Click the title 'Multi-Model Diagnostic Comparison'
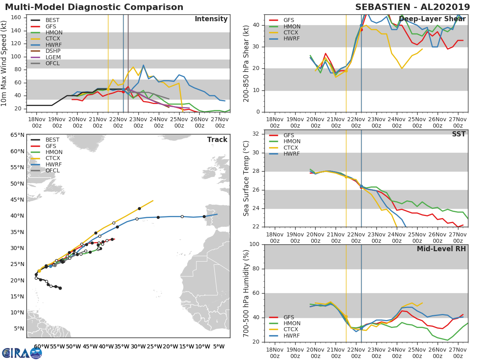(x=94, y=7)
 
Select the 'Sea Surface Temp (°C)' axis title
(x=246, y=178)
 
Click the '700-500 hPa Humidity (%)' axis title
(x=246, y=293)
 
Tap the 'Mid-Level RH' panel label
(x=441, y=249)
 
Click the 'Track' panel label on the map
(x=217, y=140)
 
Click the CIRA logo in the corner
(x=22, y=353)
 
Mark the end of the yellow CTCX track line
(x=153, y=201)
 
